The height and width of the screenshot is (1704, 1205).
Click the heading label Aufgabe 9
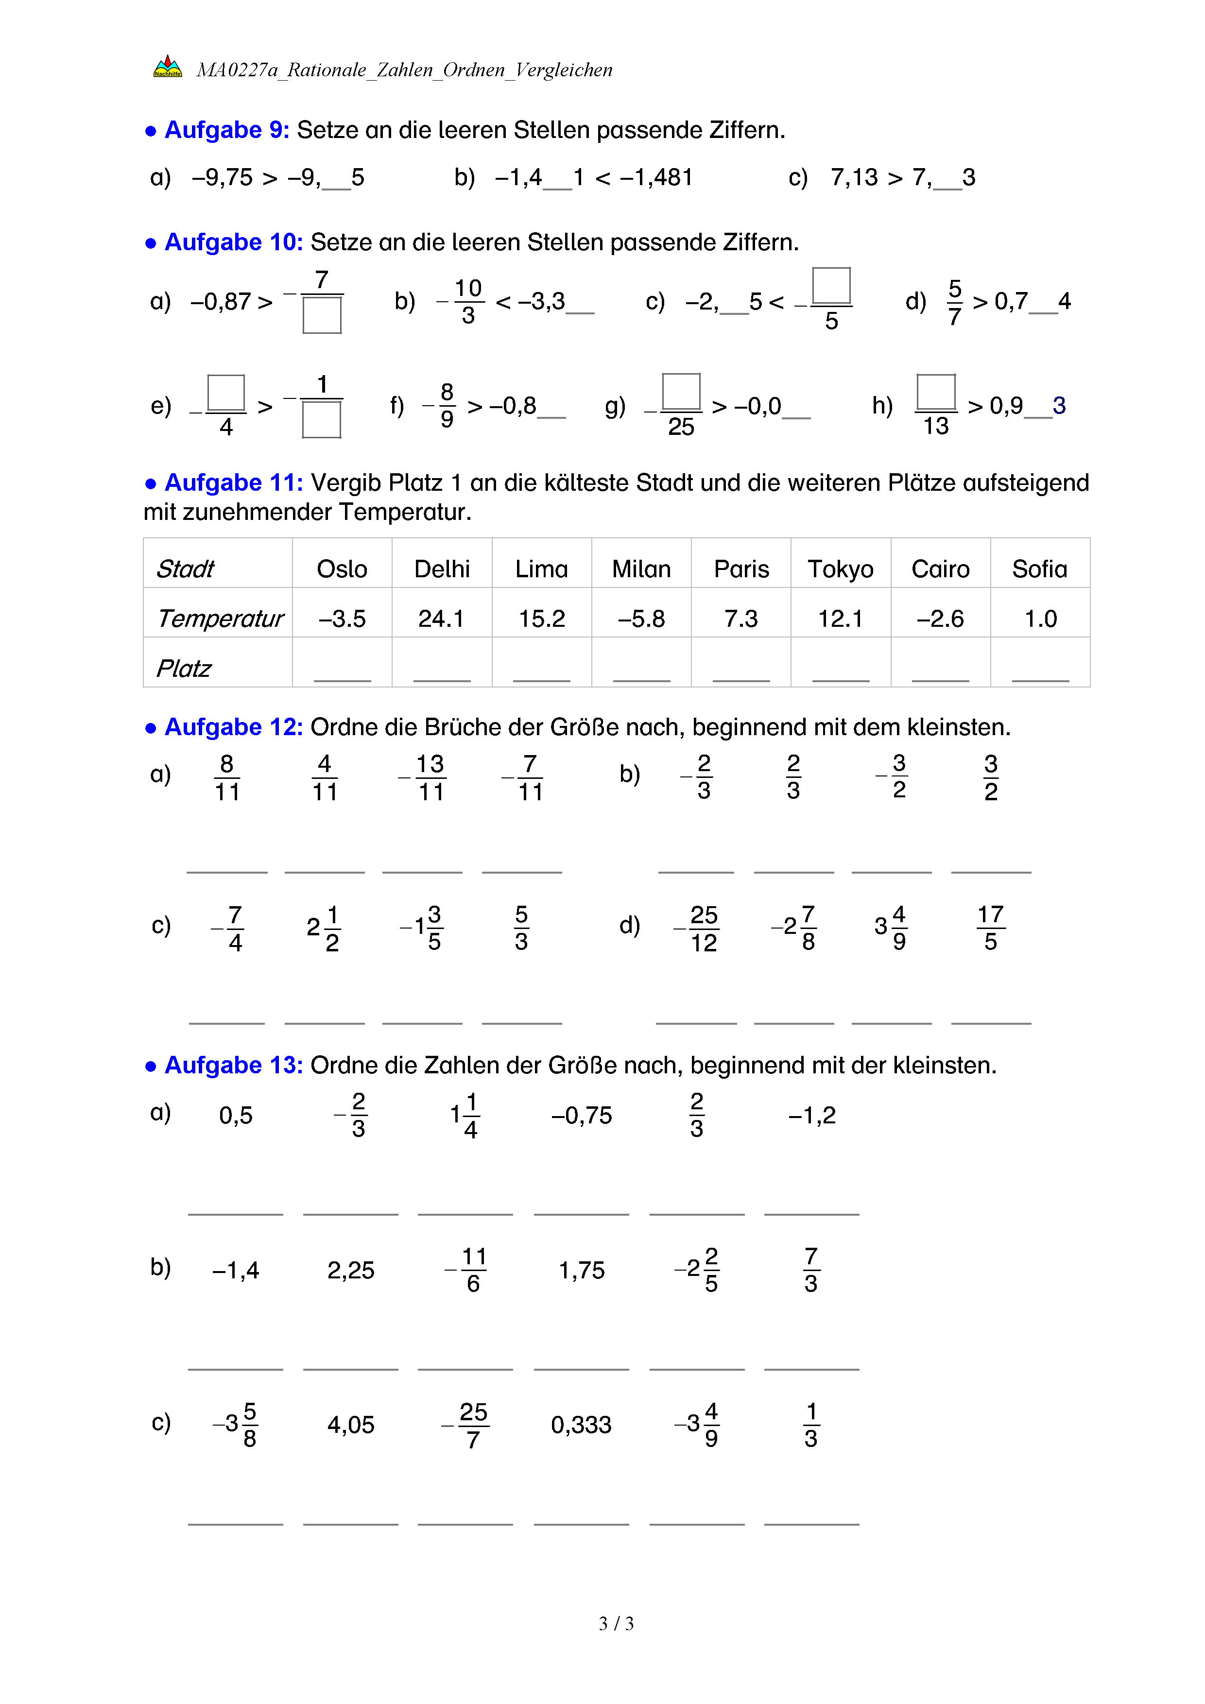pos(226,130)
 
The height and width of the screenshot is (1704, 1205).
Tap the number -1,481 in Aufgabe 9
pos(656,177)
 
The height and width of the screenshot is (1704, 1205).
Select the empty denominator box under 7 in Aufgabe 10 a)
pos(322,315)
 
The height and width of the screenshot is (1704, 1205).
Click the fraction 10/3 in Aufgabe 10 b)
pos(468,301)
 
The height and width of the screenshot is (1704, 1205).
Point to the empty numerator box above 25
pos(681,391)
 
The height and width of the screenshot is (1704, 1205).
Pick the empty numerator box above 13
pos(936,392)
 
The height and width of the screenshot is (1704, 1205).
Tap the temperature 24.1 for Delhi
pos(442,618)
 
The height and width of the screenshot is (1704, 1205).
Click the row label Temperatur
pos(221,618)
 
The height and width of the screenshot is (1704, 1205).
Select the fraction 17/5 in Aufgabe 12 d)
pos(991,928)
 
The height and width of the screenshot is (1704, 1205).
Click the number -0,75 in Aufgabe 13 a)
pos(582,1116)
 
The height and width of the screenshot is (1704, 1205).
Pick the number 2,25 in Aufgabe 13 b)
pos(351,1271)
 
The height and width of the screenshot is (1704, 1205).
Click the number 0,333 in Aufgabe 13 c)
pos(581,1425)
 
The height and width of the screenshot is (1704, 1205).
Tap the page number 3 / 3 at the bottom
pos(617,1624)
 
